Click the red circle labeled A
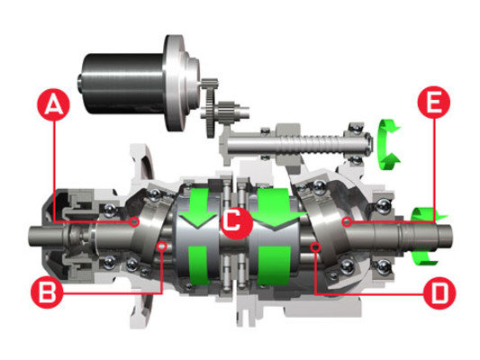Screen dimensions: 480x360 [53, 105]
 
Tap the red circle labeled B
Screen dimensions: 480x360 [47, 292]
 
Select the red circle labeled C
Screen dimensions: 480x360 [236, 222]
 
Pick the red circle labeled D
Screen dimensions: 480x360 [439, 292]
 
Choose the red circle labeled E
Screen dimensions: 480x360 [434, 103]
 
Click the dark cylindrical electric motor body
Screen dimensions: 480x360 [123, 83]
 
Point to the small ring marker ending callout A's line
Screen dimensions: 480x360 [134, 221]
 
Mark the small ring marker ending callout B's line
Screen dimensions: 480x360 [161, 246]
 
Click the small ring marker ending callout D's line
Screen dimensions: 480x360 [315, 247]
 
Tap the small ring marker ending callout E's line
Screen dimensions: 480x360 [347, 221]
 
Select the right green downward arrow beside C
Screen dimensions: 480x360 [277, 209]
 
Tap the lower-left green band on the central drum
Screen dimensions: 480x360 [200, 265]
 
